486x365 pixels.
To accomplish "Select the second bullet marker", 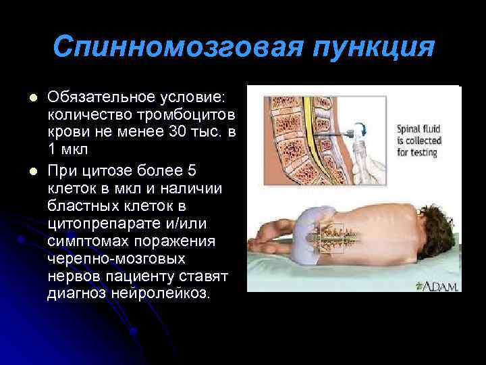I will [29, 169].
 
